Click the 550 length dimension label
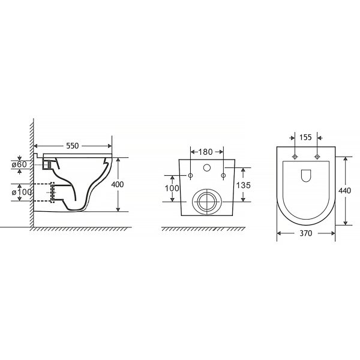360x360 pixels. point(73,146)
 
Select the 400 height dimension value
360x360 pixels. point(118,184)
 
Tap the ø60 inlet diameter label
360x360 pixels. point(20,164)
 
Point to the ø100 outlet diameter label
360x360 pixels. point(22,192)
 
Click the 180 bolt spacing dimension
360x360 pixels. point(205,152)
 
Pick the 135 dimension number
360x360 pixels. point(244,185)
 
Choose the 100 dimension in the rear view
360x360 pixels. point(172,188)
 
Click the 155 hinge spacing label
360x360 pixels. point(305,137)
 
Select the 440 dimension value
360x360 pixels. point(345,191)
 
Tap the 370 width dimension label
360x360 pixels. point(306,233)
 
